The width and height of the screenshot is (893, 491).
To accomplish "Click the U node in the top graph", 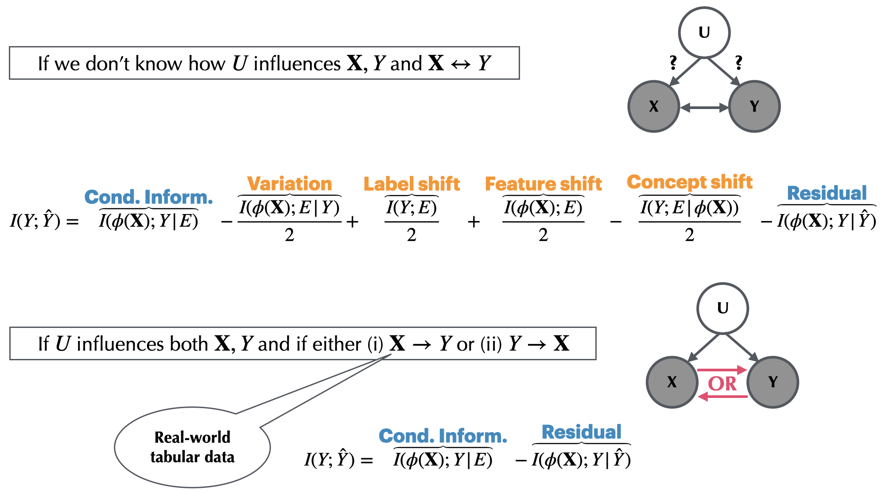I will pos(704,32).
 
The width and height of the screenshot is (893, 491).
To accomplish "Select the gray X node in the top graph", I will pos(653,106).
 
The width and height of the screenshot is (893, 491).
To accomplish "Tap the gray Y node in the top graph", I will pos(754,106).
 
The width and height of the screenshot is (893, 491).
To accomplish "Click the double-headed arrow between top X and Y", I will pos(704,107).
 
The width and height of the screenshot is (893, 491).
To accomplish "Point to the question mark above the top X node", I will pos(673,62).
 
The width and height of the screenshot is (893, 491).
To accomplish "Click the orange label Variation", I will pos(289,183).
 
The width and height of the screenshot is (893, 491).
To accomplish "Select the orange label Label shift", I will pos(412,183).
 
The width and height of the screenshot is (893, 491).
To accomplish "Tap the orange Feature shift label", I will pos(543,183).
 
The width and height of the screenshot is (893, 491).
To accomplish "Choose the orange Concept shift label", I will pos(689,182).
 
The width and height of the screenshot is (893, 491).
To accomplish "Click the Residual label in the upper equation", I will pos(827,193).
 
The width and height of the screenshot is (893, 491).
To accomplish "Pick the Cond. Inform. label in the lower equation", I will pos(443,436).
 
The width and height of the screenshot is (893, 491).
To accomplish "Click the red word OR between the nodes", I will pos(722,384).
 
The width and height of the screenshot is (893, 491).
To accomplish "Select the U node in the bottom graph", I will pos(722,308).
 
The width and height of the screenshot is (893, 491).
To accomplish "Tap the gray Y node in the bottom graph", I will pos(773,382).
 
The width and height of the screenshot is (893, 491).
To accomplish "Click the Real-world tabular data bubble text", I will pos(192,447).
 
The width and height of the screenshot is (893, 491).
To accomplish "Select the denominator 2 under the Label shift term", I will pos(412,235).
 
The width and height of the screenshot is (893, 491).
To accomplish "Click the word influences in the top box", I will pos(297,63).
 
